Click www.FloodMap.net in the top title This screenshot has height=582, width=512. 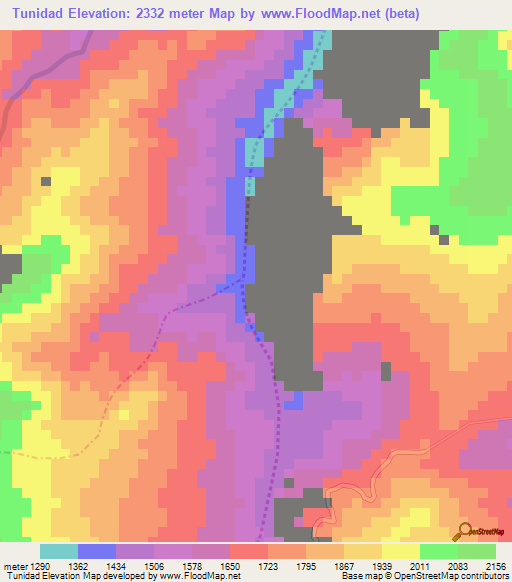coord(323,13)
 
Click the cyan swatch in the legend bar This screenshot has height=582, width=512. coord(59,550)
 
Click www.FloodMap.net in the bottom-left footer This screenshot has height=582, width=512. coord(199,575)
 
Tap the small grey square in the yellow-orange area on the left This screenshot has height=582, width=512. coord(45,182)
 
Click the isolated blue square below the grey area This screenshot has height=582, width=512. coord(293,400)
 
